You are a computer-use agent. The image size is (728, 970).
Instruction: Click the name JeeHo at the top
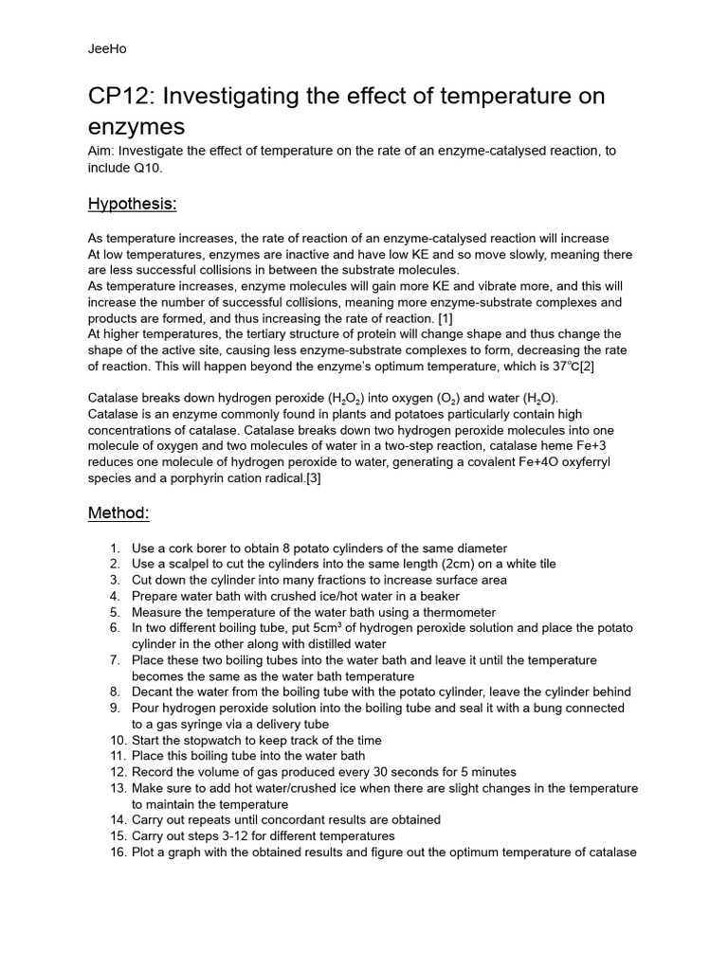coord(104,48)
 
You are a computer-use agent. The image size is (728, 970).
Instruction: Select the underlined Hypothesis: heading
coord(132,204)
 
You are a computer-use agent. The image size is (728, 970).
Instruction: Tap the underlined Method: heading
coord(118,512)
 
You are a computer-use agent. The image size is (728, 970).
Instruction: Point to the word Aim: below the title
coord(101,152)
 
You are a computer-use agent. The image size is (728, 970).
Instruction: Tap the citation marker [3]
coord(319,478)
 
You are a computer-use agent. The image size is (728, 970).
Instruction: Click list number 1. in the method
coord(115,548)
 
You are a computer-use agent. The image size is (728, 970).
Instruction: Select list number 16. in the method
coord(118,852)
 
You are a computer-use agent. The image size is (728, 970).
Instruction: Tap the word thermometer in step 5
coord(455,612)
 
